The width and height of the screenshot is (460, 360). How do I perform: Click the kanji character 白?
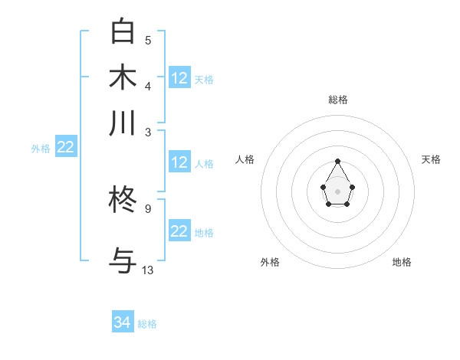coord(123,31)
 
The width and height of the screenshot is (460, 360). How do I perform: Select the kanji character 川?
coord(123,123)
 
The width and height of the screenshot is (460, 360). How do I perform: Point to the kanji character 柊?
coord(123,201)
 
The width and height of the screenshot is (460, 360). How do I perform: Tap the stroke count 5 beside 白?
coord(148,40)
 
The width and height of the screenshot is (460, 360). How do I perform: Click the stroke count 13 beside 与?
coord(148,270)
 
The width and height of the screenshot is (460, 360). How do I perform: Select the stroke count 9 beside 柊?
coord(148,208)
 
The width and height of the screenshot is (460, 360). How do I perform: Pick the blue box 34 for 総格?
coord(123,322)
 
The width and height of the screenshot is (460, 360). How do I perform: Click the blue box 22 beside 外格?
coord(65,147)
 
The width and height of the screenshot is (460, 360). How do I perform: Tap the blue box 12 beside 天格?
coord(179,78)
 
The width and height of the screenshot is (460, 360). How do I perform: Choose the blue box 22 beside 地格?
coord(179,231)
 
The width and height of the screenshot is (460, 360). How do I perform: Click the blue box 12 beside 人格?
coord(179,162)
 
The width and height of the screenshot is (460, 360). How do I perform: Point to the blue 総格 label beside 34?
coord(147,324)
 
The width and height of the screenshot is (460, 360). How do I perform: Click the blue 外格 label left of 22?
coord(40,149)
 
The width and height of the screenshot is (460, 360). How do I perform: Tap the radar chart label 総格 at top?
coord(337,100)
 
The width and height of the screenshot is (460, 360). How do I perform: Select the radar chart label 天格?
coord(431,159)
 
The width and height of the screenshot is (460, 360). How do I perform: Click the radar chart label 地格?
coord(402,262)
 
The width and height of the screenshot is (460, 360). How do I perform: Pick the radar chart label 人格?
coord(245,159)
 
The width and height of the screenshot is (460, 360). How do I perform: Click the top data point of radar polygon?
coord(337,161)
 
